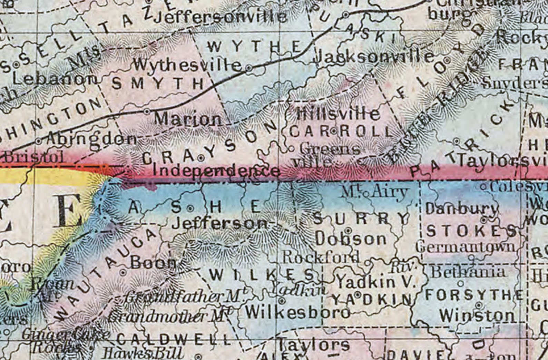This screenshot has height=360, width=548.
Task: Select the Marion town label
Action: (x=188, y=119)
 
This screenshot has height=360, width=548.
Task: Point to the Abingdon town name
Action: (x=91, y=139)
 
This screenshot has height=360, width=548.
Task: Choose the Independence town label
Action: (x=216, y=171)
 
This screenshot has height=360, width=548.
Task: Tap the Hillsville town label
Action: (x=338, y=114)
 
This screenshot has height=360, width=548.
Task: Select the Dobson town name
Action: (x=351, y=239)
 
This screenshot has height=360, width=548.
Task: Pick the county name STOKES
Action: (x=471, y=231)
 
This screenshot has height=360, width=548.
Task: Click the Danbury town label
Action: (x=462, y=209)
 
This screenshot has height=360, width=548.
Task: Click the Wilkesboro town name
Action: (x=297, y=312)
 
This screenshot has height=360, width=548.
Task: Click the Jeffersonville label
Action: (x=220, y=17)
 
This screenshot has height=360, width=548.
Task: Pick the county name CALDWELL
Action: (x=173, y=340)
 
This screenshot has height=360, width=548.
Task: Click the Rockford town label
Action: (x=321, y=257)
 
